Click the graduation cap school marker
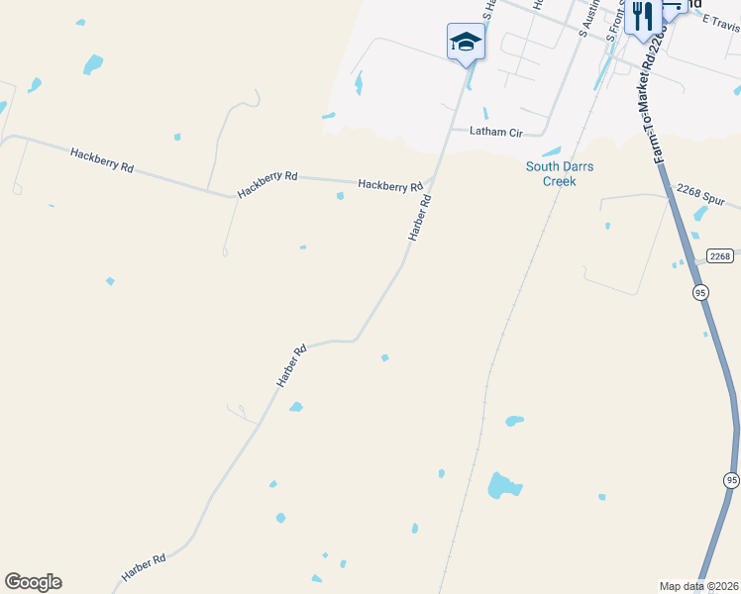pos(466,42)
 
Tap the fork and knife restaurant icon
pos(643,17)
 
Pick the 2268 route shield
pos(720,255)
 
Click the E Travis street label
pos(720,23)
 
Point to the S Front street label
pos(615,25)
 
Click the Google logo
pos(34,582)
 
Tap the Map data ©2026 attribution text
pos(697,586)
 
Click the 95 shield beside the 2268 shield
pos(701,293)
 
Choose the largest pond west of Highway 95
pos(503,485)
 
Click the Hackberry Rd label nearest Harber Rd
pos(390,185)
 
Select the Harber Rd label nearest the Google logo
pos(144,567)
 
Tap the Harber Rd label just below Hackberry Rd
pos(420,218)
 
